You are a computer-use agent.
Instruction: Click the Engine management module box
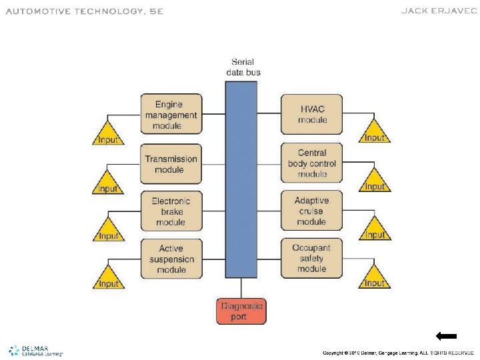pos(171,115)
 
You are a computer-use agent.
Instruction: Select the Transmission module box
pos(171,164)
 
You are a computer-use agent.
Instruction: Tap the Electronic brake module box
pos(171,211)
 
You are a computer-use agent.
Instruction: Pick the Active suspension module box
pos(171,259)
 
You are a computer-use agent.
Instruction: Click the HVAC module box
pos(312,115)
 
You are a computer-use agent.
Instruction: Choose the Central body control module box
pos(312,163)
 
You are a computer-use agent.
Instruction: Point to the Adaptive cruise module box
pos(312,211)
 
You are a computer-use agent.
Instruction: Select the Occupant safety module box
pos(312,259)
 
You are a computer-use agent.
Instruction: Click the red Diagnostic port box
pos(241,311)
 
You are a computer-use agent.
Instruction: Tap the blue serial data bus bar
pos(241,180)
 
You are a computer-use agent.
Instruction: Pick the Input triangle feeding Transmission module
pos(108,183)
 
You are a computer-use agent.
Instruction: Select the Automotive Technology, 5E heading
pos(84,11)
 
